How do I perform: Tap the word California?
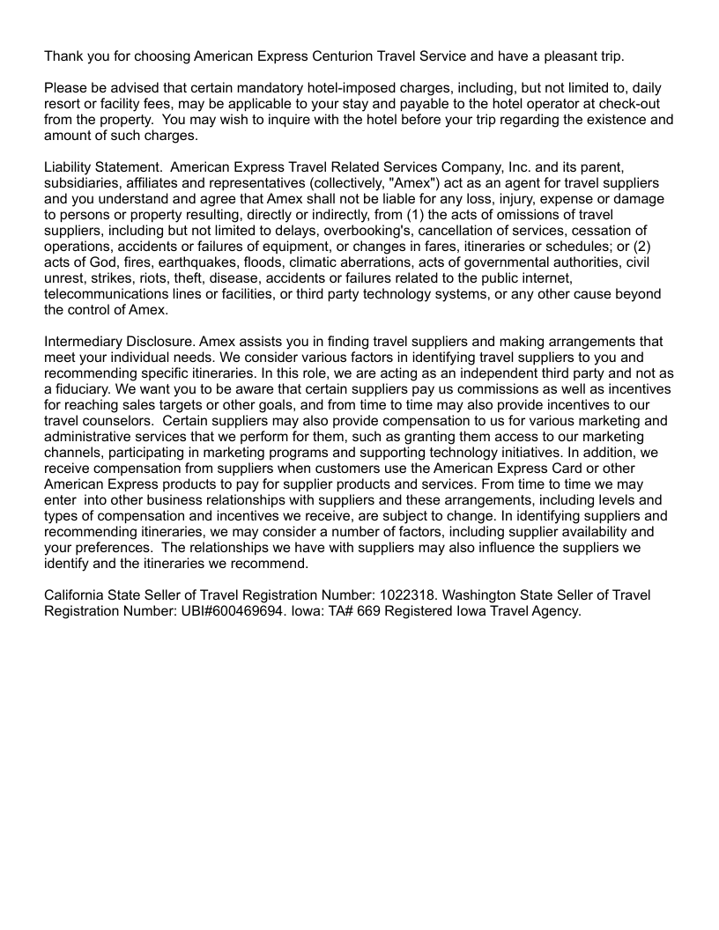78,596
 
